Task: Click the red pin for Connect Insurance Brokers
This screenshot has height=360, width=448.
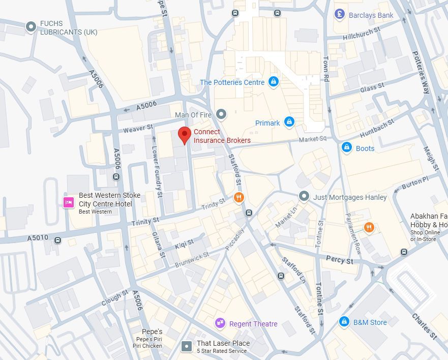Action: pos(185,135)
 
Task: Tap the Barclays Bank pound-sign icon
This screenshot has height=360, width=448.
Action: pos(340,15)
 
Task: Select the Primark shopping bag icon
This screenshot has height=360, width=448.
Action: pos(289,122)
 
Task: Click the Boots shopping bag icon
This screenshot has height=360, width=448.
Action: pos(347,148)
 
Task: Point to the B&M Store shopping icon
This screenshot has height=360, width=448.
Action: pos(344,322)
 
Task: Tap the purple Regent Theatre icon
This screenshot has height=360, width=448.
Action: pos(220,323)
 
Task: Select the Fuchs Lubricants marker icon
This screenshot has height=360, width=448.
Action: pos(31,26)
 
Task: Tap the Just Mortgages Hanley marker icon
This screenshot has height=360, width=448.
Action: pos(304,196)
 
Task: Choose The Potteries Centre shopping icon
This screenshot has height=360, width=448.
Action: pos(274,82)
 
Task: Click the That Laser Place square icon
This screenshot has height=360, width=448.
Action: pos(187,346)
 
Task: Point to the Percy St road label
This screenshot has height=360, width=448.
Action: pos(340,260)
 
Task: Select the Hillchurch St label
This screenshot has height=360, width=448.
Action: pos(361,34)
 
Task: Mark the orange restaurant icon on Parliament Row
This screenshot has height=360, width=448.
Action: pos(369,227)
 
